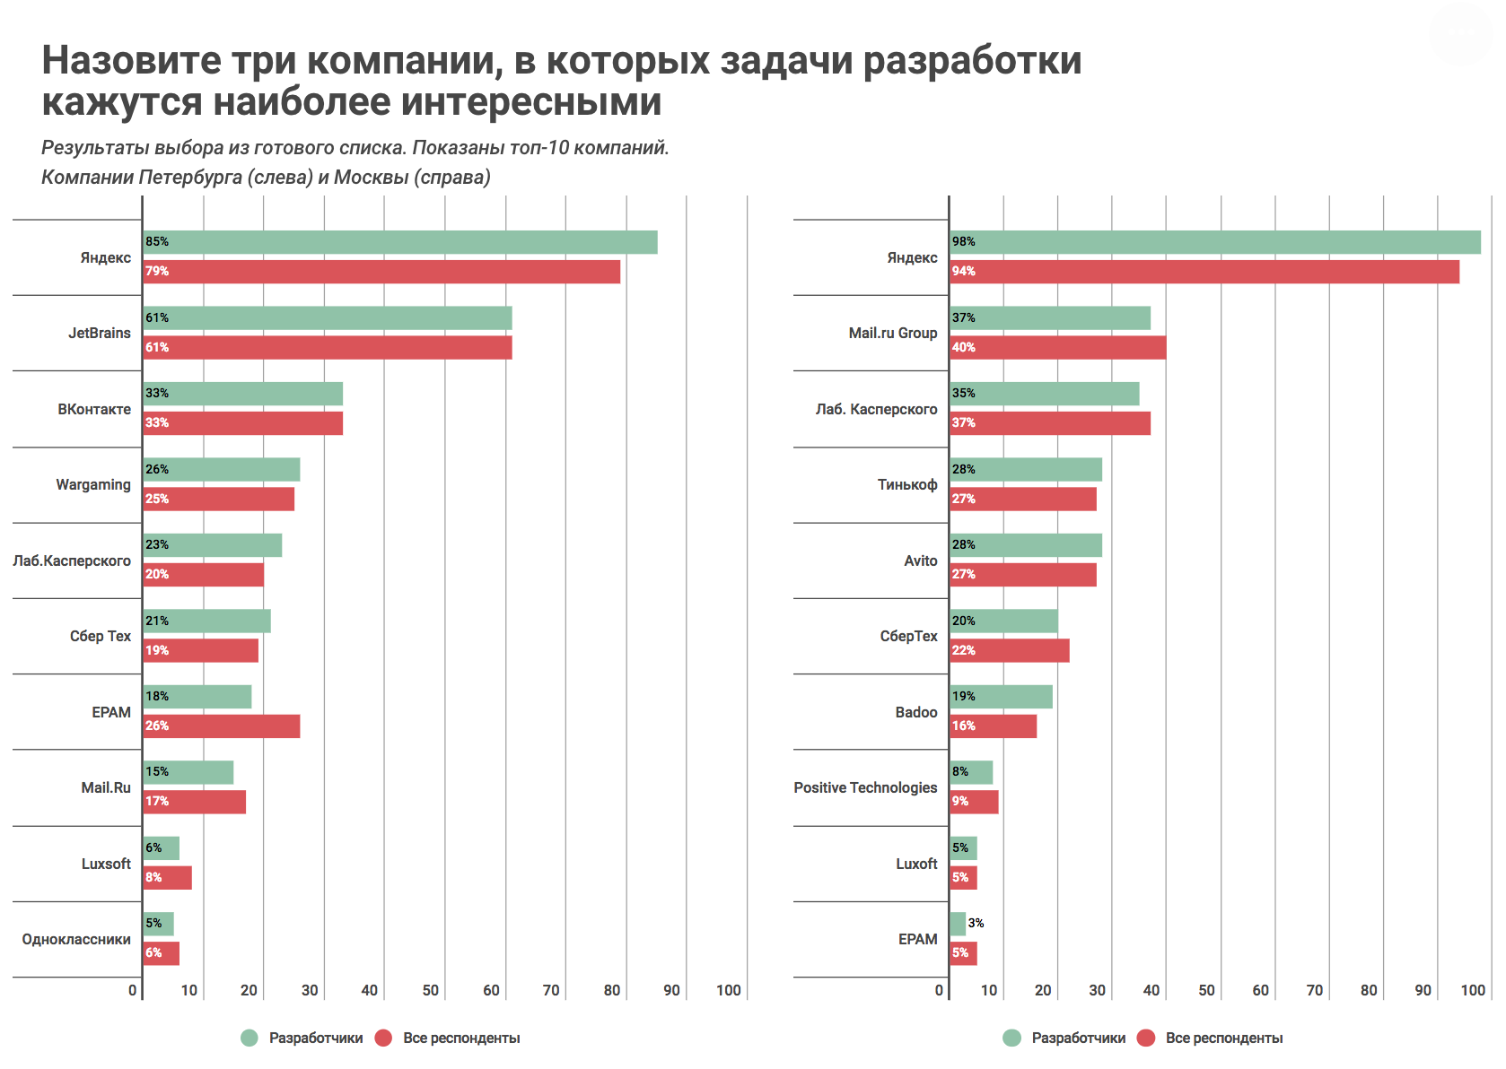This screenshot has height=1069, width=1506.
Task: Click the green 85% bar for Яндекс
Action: [x=400, y=242]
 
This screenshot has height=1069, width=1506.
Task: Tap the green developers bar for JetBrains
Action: [x=328, y=318]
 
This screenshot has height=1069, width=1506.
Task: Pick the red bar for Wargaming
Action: [x=219, y=500]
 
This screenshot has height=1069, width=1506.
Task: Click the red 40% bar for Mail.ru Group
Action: [x=1058, y=348]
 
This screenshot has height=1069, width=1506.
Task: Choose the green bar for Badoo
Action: [x=1002, y=697]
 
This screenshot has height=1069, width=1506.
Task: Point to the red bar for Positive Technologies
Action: [x=975, y=802]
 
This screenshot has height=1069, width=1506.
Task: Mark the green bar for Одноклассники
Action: [x=159, y=924]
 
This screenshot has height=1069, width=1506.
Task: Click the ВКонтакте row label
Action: [x=94, y=409]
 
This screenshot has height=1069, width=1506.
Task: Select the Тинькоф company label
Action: [x=907, y=485]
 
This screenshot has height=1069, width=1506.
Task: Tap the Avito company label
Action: [x=921, y=561]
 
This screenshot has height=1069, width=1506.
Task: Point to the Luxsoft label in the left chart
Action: [x=106, y=864]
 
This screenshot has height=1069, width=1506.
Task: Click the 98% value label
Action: [x=964, y=242]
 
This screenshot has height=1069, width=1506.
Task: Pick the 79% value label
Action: [x=157, y=272]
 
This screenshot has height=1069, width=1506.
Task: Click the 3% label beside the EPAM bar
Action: [x=976, y=923]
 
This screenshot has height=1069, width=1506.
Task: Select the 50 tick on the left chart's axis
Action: [x=431, y=990]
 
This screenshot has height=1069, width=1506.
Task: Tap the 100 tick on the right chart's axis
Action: [x=1473, y=990]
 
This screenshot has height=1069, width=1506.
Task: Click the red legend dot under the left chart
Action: [x=383, y=1038]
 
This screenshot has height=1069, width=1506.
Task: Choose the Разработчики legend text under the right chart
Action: [x=1079, y=1038]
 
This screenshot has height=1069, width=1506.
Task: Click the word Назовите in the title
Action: [x=131, y=60]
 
